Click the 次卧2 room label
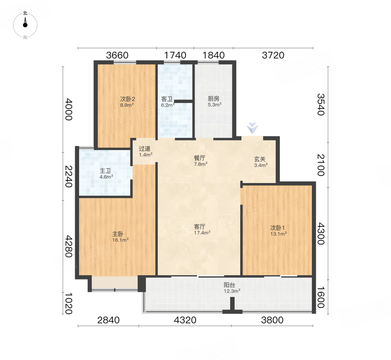tap(127, 99)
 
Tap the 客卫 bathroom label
tap(167, 99)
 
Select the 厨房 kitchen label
tap(213, 99)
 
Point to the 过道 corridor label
tap(145, 149)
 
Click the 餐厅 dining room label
tap(199, 158)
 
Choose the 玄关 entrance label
tap(260, 159)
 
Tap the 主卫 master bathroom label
tap(105, 170)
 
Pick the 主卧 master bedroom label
tap(118, 234)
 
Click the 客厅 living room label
tap(199, 227)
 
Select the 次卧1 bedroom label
tap(278, 228)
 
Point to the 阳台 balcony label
tap(229, 285)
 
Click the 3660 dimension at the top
tap(117, 55)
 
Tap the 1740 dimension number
tap(175, 55)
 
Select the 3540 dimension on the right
tap(321, 104)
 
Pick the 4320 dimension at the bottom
tap(185, 320)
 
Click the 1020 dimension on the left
tap(68, 303)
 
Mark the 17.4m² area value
tap(202, 233)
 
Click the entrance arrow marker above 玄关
tap(252, 128)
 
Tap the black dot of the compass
tap(25, 25)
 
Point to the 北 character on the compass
tap(25, 13)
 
